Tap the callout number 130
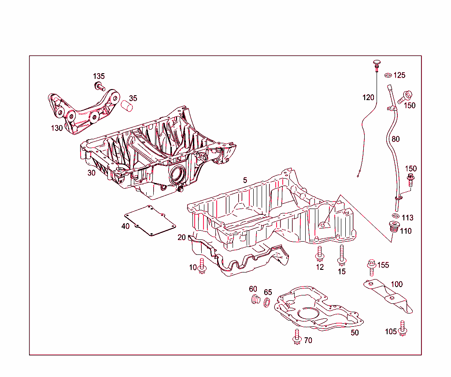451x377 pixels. [x=57, y=128]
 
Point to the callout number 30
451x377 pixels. [x=91, y=173]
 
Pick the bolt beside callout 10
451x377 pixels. [x=203, y=266]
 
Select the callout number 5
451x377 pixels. [x=245, y=180]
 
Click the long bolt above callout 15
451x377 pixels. [x=341, y=254]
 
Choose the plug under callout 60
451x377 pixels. [x=254, y=301]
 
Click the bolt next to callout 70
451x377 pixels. [x=296, y=337]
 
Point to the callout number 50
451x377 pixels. [x=355, y=333]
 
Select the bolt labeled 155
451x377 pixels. [x=371, y=266]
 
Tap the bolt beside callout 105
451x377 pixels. [x=403, y=328]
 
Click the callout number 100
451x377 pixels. [x=397, y=284]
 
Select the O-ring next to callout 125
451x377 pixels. [x=388, y=75]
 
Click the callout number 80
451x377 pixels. [x=396, y=139]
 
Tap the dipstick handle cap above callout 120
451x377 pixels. [x=377, y=64]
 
